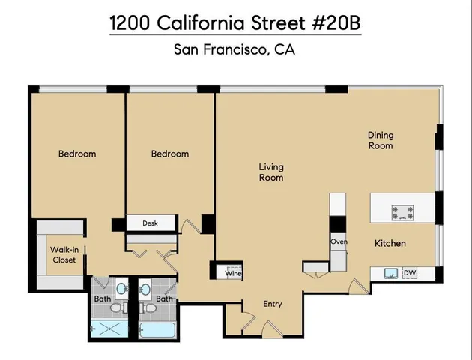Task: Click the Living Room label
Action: tap(271, 172)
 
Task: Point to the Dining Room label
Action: tap(380, 140)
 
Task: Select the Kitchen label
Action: tap(390, 243)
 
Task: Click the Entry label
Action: tap(273, 304)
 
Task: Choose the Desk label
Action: tap(150, 223)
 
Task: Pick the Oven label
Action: tap(339, 241)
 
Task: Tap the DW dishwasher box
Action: tap(410, 273)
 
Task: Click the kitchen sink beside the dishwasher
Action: tap(390, 274)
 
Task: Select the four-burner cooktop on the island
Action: tap(402, 212)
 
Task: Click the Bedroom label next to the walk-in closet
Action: tap(77, 154)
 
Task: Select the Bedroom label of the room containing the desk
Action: tap(170, 154)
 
